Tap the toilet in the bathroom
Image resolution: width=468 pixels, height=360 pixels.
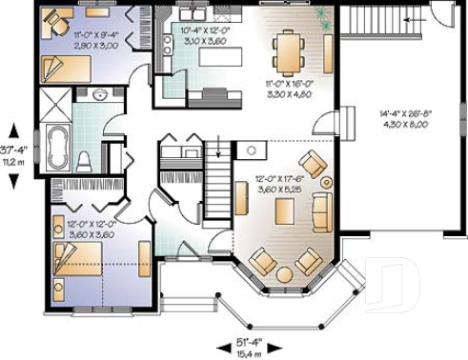(x=84, y=158)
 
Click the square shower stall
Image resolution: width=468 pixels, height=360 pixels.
(x=55, y=101)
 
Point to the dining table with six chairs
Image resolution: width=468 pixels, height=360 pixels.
(x=289, y=50)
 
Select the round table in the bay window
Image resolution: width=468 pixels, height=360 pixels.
(x=283, y=274)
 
